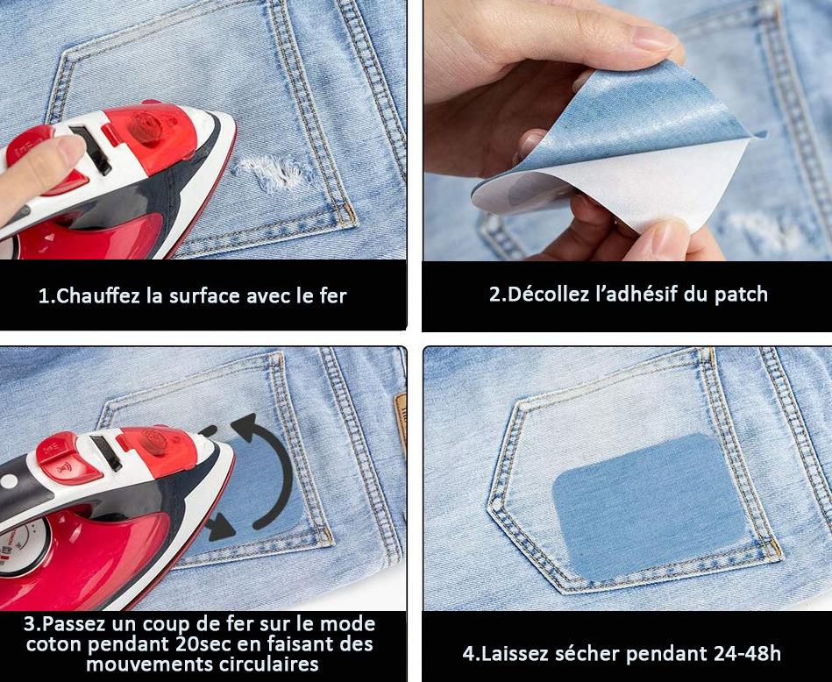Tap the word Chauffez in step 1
[x=94, y=295]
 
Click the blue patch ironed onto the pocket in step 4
[x=649, y=506]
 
